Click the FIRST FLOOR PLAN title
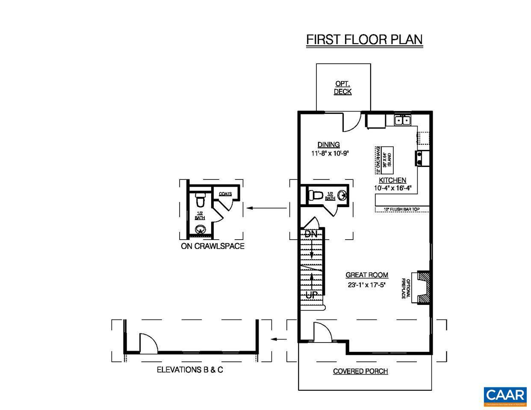(364, 39)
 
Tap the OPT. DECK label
(342, 88)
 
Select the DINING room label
(328, 145)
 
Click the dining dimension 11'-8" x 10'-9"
(330, 153)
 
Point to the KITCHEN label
(392, 180)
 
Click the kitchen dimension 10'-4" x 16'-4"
(392, 188)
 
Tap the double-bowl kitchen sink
(402, 120)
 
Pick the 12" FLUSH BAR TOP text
(402, 209)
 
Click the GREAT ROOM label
(367, 275)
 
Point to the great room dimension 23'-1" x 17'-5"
(367, 284)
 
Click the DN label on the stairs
(311, 234)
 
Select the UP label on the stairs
(312, 295)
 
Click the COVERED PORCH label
(360, 371)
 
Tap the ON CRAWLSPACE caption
(212, 246)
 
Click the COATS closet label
(225, 194)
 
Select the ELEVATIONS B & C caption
(190, 370)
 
